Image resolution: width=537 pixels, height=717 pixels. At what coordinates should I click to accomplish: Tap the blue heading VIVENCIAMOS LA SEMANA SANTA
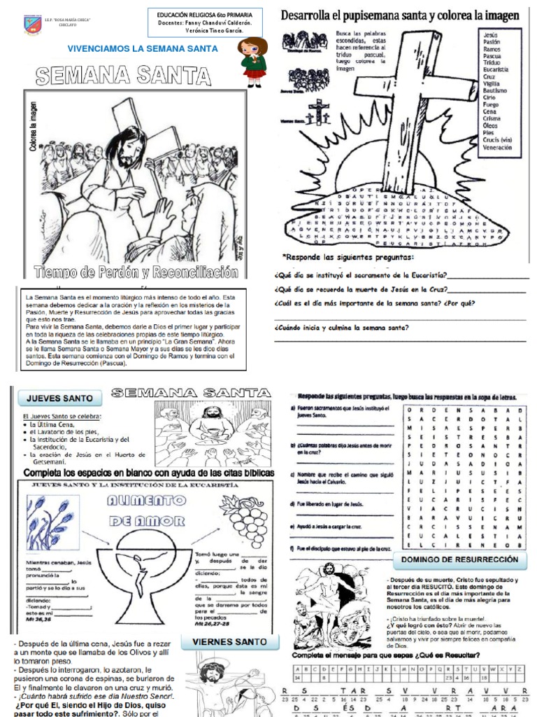(142, 48)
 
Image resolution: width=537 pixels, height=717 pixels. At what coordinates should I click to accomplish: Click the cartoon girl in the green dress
(252, 61)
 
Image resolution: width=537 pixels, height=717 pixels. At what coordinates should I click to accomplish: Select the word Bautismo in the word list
(494, 91)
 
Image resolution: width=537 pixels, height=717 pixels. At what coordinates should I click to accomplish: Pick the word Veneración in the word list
(497, 147)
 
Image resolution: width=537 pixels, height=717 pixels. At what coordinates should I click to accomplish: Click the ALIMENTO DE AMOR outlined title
(145, 509)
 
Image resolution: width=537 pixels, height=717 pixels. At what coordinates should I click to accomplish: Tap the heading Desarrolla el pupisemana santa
(399, 15)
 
